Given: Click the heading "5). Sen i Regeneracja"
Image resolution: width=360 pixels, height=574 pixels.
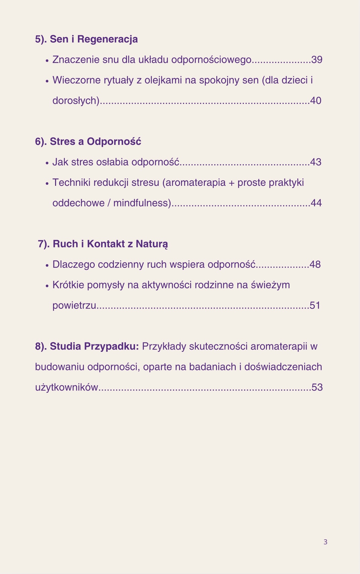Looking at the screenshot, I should tap(86, 39).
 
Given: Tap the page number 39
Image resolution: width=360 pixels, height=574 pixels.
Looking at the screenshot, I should tap(317, 60).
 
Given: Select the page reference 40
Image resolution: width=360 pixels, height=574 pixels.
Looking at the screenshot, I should tap(316, 101).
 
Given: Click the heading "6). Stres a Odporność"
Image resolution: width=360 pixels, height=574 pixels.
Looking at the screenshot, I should tap(88, 141).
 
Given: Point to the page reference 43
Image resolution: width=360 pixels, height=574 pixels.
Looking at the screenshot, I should tap(316, 162).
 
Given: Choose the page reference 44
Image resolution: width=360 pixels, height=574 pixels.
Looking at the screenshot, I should tap(316, 203).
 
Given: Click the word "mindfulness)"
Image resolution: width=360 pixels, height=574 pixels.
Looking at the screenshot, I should tap(142, 203).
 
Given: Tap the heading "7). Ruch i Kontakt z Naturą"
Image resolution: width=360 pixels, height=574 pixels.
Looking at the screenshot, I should tap(103, 244).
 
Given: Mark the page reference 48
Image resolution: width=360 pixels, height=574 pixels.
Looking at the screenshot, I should tap(315, 265).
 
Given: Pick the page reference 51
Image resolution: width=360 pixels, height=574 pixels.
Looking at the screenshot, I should tap(315, 306).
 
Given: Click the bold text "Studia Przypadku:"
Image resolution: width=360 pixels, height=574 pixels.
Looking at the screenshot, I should tap(94, 346).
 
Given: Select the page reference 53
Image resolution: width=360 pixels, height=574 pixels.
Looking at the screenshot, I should tap(317, 387).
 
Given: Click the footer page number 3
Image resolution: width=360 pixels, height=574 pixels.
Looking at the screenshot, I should tap(325, 542).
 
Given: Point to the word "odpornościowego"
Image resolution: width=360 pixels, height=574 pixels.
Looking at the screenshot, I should tap(211, 60).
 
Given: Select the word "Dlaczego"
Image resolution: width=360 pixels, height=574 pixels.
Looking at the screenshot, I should tap(74, 265).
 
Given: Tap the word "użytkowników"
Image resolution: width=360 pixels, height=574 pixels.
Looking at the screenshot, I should tap(66, 387).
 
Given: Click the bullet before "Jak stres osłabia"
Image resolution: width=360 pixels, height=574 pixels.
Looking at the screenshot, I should tap(47, 163).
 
